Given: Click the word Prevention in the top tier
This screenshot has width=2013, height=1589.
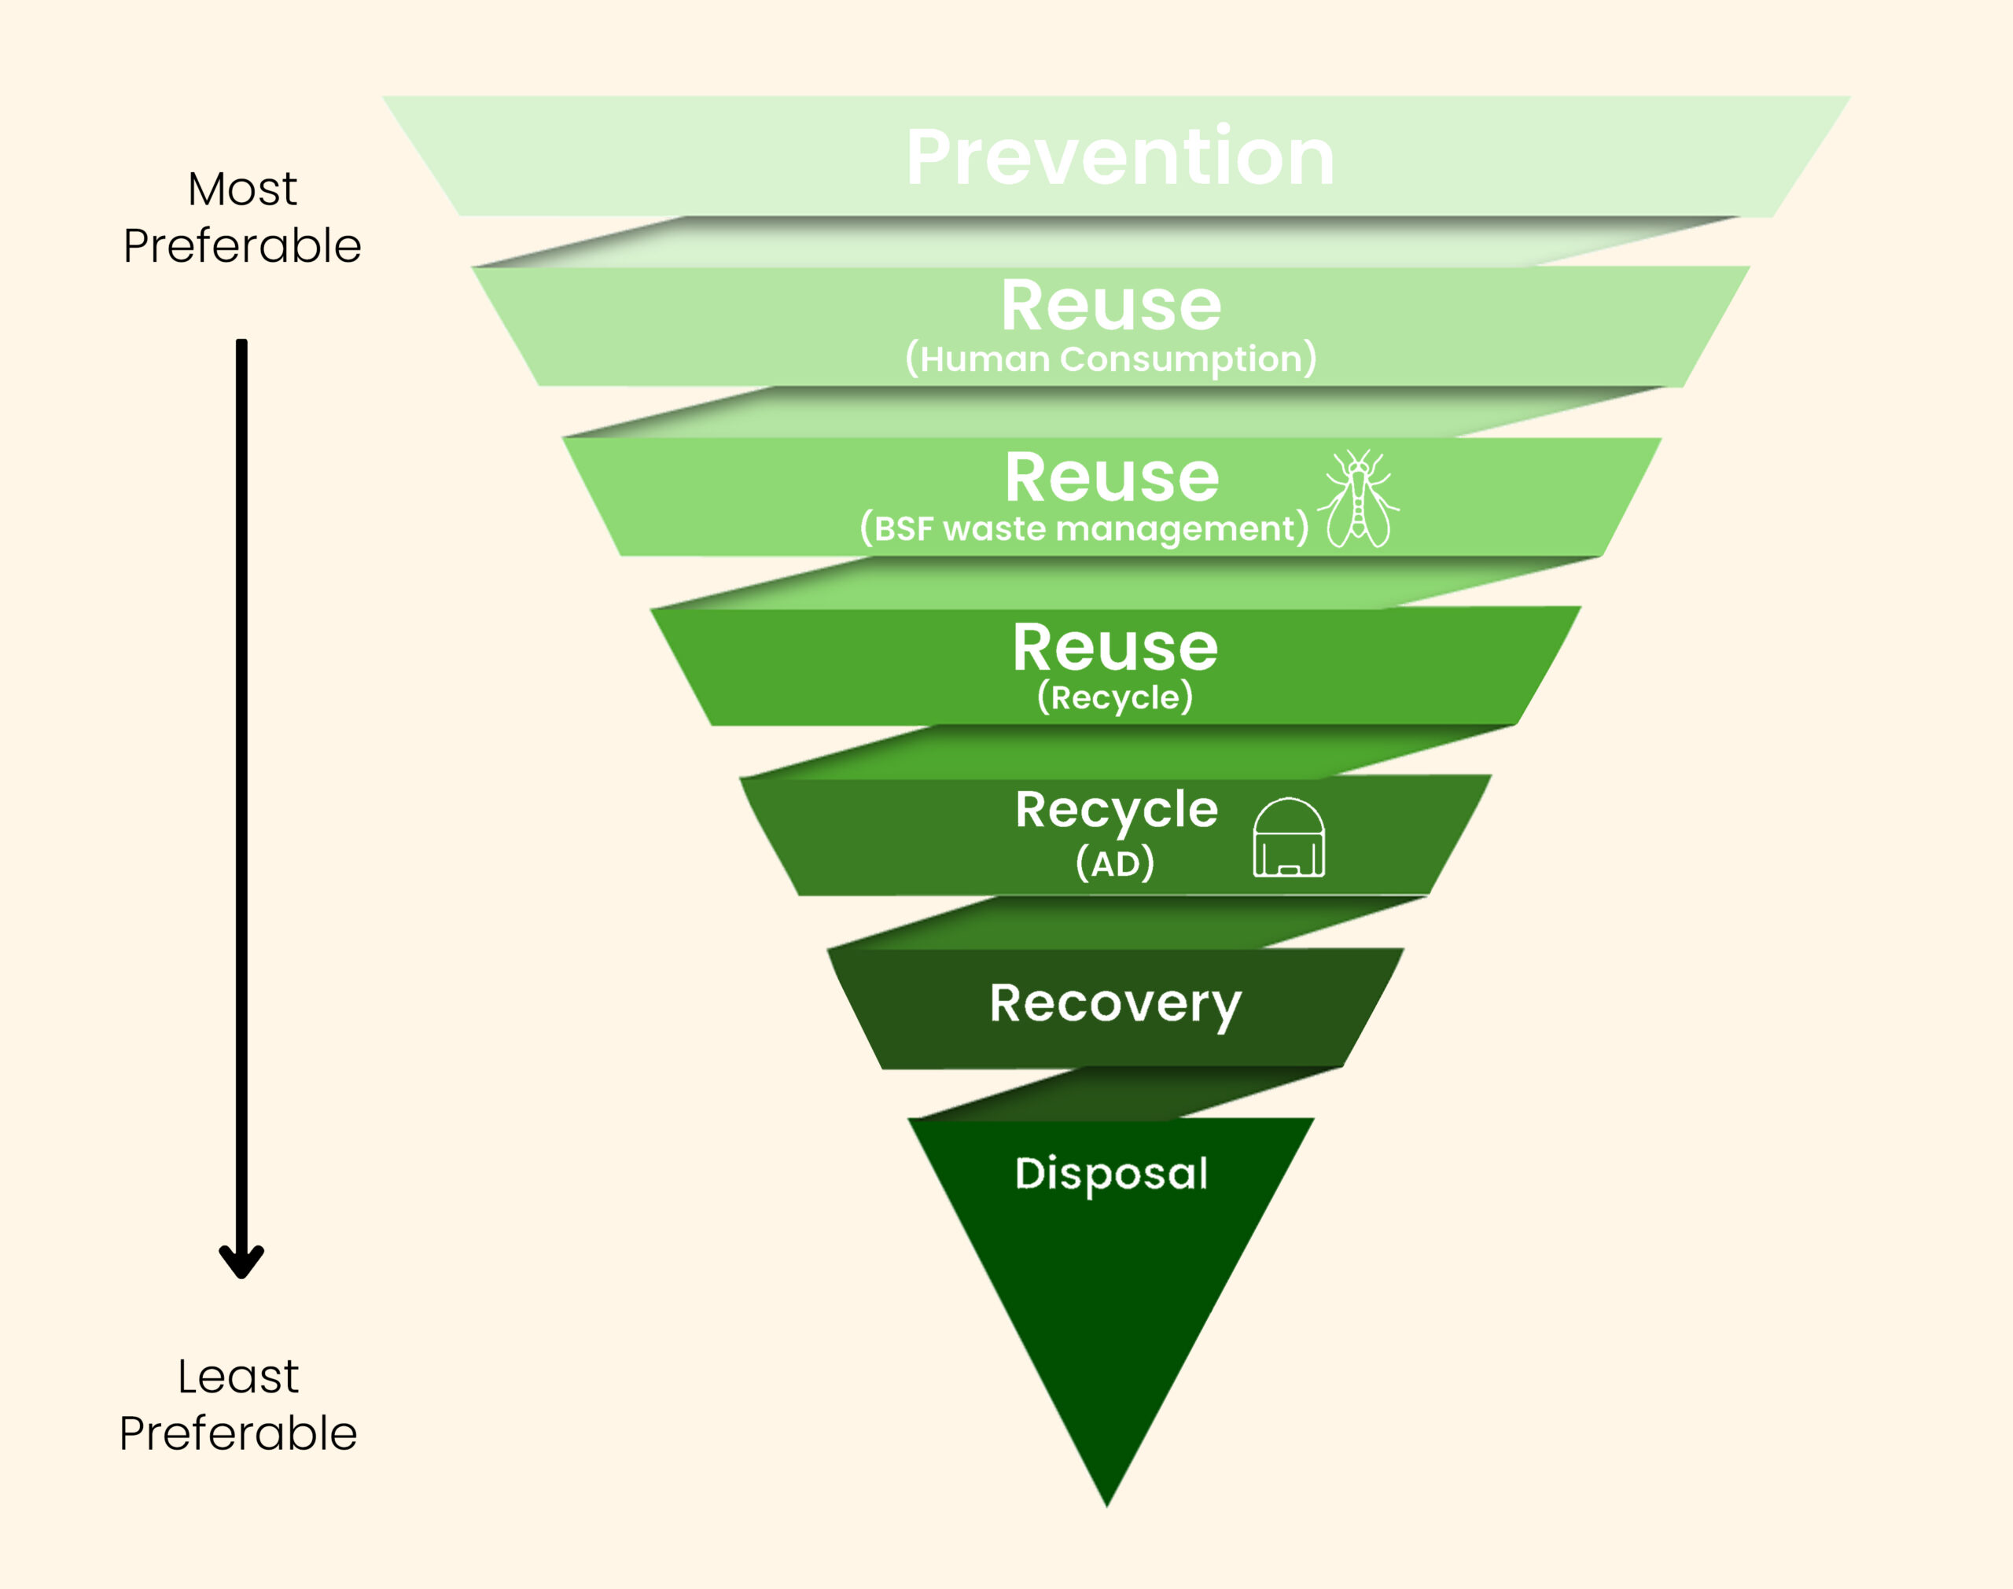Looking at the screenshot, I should [1120, 158].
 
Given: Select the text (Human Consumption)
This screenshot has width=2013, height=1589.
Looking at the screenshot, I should [1110, 359].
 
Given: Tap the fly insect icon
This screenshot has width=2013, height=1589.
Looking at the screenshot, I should [1359, 499].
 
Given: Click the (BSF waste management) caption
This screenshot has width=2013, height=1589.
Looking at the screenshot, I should [1084, 528].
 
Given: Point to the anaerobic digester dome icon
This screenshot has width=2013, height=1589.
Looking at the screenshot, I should [1288, 837].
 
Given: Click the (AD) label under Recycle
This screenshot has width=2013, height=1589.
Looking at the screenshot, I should [1114, 863].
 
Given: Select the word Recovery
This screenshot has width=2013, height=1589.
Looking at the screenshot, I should [1115, 1005].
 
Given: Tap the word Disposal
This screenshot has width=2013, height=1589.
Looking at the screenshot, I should [1112, 1173].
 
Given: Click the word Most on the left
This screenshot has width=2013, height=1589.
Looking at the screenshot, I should [242, 189].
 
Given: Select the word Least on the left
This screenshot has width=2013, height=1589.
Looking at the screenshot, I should [238, 1376].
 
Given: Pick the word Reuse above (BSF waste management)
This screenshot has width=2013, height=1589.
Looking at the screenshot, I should [1112, 477].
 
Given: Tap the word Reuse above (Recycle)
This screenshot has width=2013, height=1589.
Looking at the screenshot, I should [1114, 648].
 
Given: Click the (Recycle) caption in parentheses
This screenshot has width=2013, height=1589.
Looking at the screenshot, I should [1114, 697].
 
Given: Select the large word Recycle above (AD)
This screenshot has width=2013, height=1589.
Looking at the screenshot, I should [1117, 809].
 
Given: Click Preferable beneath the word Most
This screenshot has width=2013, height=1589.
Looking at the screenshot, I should [242, 247].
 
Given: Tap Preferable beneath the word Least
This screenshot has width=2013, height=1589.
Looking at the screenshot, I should [238, 1433].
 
